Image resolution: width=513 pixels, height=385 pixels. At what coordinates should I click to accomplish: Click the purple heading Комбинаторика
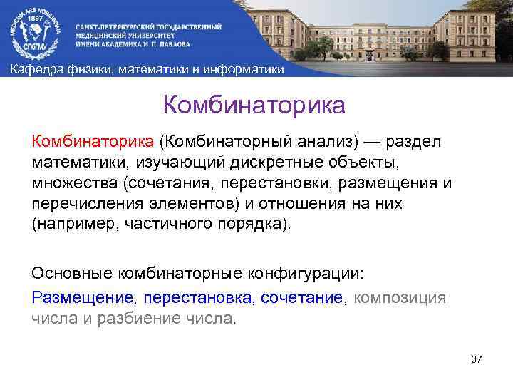pyautogui.click(x=254, y=106)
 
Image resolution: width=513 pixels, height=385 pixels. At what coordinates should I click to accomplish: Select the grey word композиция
pyautogui.click(x=400, y=297)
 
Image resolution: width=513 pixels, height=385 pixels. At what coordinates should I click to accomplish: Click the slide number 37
pyautogui.click(x=477, y=359)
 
